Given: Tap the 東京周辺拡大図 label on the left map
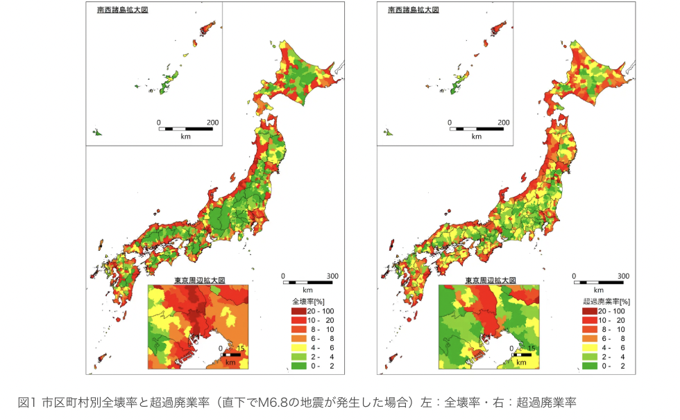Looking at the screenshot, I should tap(199, 280).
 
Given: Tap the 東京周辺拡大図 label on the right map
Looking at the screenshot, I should tap(491, 280).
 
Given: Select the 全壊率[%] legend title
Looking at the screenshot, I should tap(309, 301).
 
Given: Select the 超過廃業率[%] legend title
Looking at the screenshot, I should tap(606, 301).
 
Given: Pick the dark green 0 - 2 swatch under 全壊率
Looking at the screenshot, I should tap(298, 365).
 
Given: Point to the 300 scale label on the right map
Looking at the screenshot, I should tap(623, 275).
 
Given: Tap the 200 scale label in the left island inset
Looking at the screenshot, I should tap(212, 123).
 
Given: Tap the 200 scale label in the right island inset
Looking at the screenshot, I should tap(504, 123).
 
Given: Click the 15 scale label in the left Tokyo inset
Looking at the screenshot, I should tap(241, 349).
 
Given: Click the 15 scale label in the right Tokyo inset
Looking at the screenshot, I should tap(532, 349).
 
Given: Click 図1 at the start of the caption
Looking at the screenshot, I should tap(26, 402).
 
